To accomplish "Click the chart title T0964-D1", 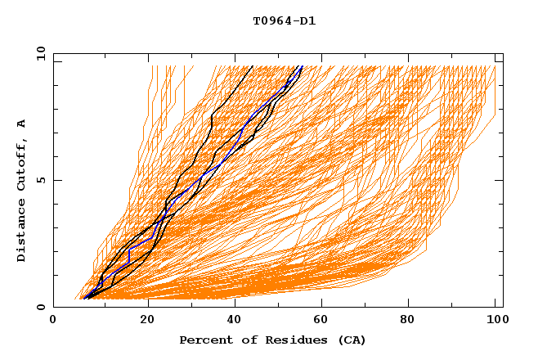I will point(284,21).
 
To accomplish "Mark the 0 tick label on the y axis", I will point(40,307).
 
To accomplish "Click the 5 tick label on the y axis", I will point(40,180).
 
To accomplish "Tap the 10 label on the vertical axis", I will point(38,53).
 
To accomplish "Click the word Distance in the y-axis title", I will point(22,232).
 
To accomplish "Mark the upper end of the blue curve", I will point(303,66).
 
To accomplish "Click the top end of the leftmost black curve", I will point(253,66).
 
